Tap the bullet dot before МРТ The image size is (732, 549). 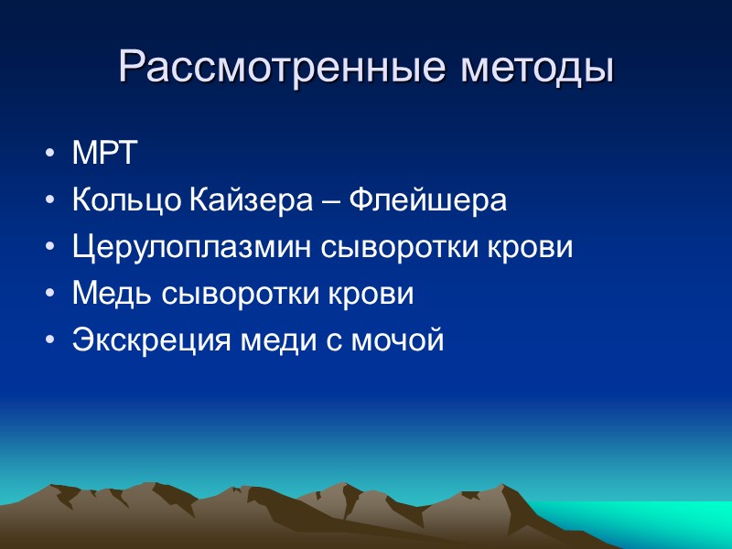[x=48, y=156]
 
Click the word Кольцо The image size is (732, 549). [x=126, y=201]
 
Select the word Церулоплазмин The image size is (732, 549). [x=193, y=248]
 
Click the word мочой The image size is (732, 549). [x=401, y=341]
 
